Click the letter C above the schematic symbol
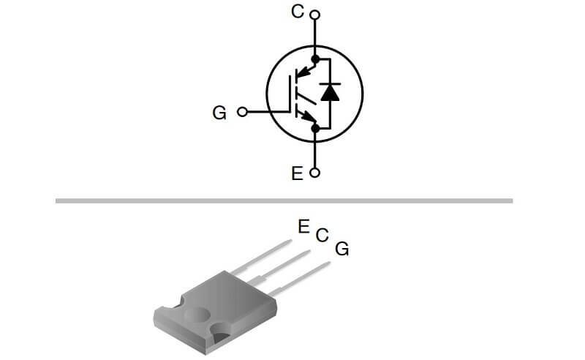click(x=298, y=12)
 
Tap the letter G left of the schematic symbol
click(x=219, y=113)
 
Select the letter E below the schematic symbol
click(x=297, y=173)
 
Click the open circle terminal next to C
click(x=315, y=15)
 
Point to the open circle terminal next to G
click(x=242, y=112)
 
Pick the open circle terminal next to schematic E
click(x=315, y=173)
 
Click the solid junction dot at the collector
click(x=315, y=59)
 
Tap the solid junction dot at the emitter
click(x=315, y=129)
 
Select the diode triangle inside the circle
click(x=331, y=93)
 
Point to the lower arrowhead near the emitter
click(x=308, y=116)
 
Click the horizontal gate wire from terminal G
click(x=268, y=112)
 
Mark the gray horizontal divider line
click(x=284, y=201)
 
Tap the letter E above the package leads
click(x=304, y=227)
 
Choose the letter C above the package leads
click(x=322, y=236)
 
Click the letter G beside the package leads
click(x=341, y=249)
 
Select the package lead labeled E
click(x=260, y=257)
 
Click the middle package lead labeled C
click(x=279, y=267)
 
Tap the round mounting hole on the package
click(x=197, y=315)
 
